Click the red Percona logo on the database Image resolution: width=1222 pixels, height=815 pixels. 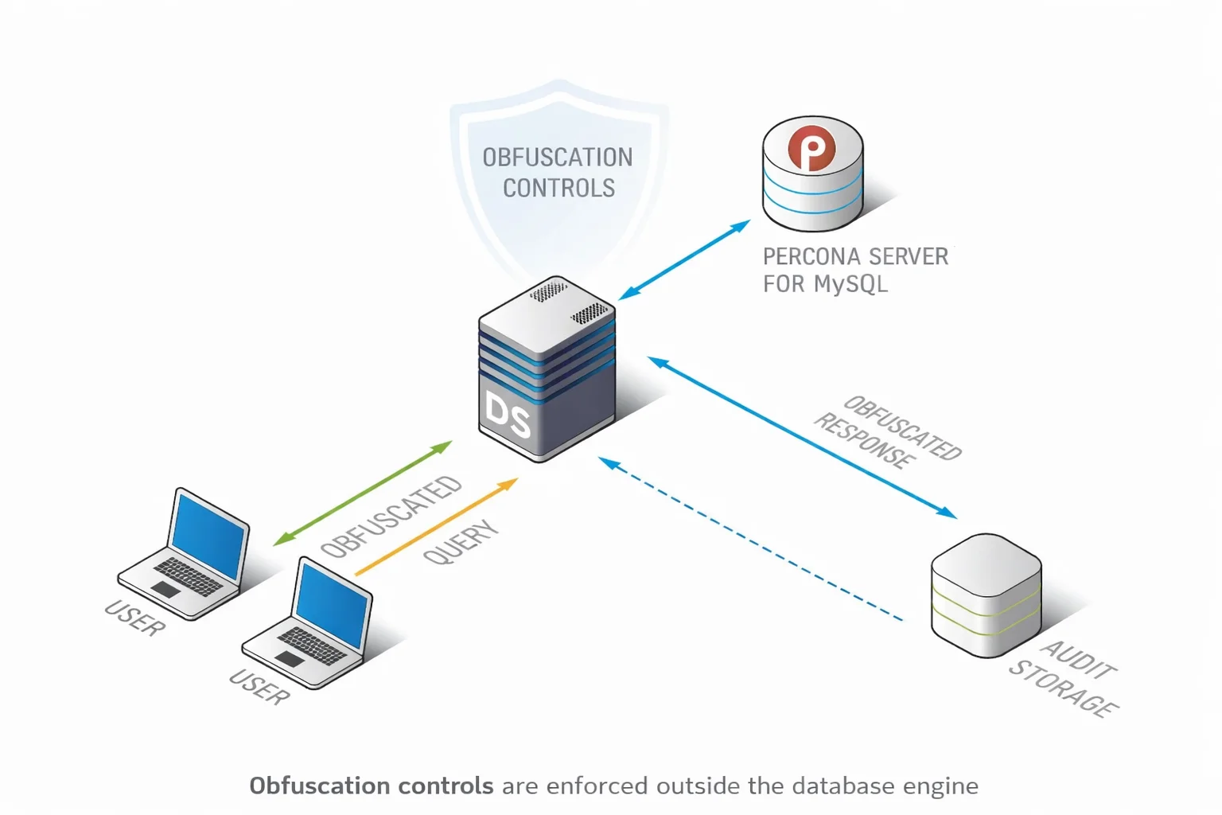pos(811,149)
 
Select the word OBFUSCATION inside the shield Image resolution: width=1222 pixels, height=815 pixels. pos(557,158)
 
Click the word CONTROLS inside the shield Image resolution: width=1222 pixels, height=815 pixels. pos(558,189)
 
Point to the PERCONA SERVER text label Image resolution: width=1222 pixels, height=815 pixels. pos(855,256)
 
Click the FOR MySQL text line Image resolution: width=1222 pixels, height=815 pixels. pos(825,284)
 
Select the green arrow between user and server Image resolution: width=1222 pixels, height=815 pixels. pos(362,493)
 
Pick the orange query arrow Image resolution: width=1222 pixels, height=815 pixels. pos(436,527)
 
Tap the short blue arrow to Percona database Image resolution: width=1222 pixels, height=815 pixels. pos(684,260)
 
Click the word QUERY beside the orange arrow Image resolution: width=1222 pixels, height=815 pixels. pos(461,542)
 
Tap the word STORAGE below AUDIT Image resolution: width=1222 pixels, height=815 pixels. pos(1064,688)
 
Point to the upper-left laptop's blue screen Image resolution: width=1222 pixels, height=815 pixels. pos(209,536)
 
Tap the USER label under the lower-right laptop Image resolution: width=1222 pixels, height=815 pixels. pos(259,687)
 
